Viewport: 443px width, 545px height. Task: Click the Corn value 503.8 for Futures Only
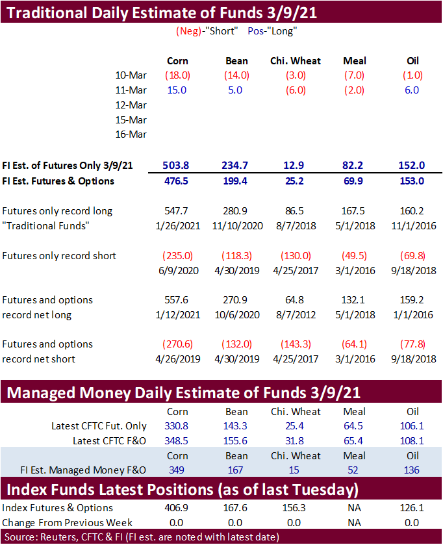pyautogui.click(x=177, y=166)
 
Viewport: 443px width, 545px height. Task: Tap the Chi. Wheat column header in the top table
pyautogui.click(x=296, y=61)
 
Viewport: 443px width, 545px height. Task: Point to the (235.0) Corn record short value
pyautogui.click(x=177, y=255)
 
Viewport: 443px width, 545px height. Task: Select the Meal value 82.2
pyautogui.click(x=355, y=166)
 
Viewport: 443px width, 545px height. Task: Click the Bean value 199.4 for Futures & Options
pyautogui.click(x=236, y=181)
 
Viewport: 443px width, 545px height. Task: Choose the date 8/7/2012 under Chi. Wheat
pyautogui.click(x=296, y=314)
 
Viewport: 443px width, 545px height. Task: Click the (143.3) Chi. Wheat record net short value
pyautogui.click(x=296, y=344)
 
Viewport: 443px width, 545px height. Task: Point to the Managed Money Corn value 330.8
pyautogui.click(x=177, y=426)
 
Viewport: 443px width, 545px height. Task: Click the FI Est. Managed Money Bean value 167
pyautogui.click(x=236, y=470)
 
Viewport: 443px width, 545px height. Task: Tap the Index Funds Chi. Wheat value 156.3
pyautogui.click(x=296, y=508)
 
